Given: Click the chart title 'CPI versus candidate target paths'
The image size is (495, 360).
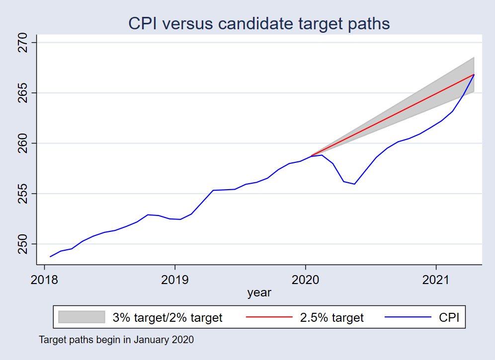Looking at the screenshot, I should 259,23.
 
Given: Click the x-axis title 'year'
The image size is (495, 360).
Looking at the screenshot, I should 259,292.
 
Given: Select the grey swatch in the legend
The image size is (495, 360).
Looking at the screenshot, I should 82,317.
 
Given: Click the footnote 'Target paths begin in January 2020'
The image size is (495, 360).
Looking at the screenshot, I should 116,341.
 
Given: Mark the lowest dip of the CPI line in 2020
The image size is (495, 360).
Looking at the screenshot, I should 354,184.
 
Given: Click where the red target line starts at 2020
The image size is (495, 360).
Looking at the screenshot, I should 311,156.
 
